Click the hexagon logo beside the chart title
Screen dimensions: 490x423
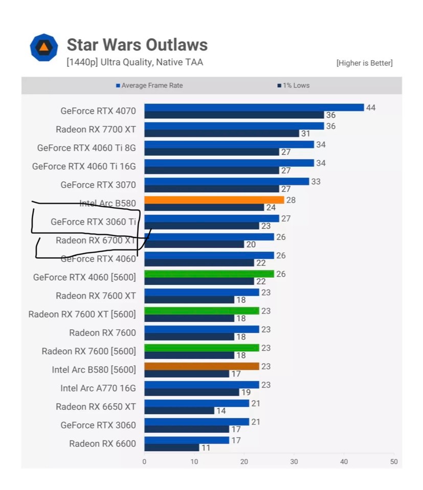pos(43,47)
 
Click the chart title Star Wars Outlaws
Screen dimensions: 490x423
pos(137,45)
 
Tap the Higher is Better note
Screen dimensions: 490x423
pos(364,63)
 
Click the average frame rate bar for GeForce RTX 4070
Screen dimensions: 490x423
pos(254,107)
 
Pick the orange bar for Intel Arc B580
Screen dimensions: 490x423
pos(214,200)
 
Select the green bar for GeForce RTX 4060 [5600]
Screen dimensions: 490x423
pos(209,274)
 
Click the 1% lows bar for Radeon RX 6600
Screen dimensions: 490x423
pos(171,448)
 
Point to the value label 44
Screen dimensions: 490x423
pos(371,108)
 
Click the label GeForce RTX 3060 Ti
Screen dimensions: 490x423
pos(93,222)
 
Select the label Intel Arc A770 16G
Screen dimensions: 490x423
pos(98,388)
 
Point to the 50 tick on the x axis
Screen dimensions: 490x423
pos(393,462)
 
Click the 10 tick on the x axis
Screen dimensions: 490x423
pos(194,462)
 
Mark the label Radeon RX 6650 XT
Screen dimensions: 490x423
pos(96,406)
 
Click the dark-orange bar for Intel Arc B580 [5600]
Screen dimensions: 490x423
pos(202,366)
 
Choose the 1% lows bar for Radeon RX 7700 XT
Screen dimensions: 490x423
pos(221,133)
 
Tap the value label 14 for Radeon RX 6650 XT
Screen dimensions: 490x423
pos(221,411)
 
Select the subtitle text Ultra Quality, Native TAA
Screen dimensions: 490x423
pos(152,63)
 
